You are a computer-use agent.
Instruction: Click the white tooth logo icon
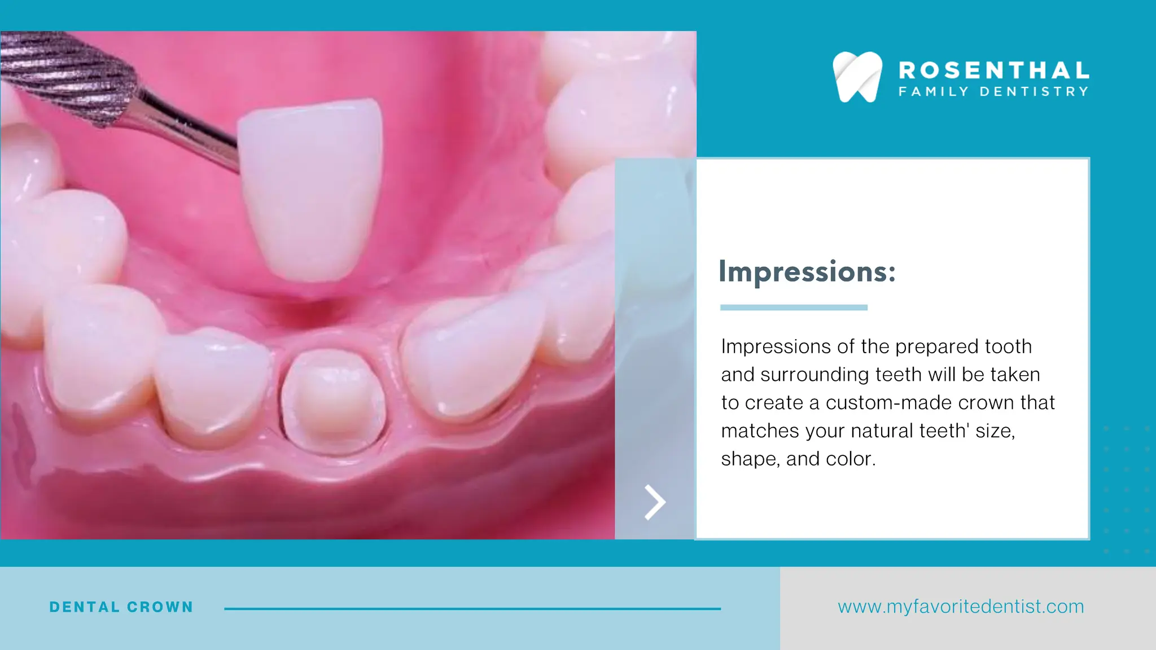[857, 77]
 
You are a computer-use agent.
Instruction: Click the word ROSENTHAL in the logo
[993, 71]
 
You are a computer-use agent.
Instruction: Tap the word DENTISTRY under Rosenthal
[1034, 91]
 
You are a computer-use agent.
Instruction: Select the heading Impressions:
[807, 272]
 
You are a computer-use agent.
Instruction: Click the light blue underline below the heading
[794, 308]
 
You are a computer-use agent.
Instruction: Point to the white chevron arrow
[655, 502]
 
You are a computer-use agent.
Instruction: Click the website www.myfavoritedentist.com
[961, 607]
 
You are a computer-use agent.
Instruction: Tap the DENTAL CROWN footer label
[121, 607]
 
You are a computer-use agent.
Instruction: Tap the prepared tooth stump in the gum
[333, 398]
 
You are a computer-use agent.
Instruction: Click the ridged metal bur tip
[68, 73]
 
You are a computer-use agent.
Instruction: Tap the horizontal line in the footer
[472, 609]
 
